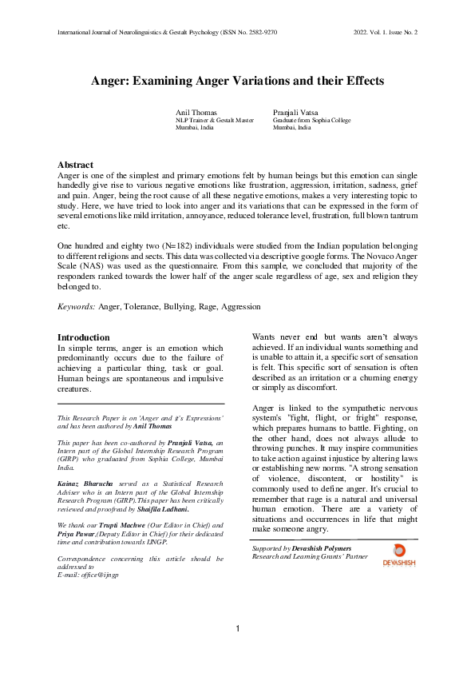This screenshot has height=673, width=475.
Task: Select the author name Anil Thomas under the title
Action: pyautogui.click(x=197, y=113)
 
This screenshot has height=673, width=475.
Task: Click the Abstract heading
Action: pyautogui.click(x=76, y=165)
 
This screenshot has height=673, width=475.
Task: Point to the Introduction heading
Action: pyautogui.click(x=84, y=337)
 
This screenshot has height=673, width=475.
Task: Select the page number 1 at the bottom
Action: pyautogui.click(x=238, y=630)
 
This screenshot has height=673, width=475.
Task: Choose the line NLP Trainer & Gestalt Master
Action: pyautogui.click(x=215, y=120)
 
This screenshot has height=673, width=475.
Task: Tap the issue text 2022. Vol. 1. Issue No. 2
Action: pyautogui.click(x=385, y=32)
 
